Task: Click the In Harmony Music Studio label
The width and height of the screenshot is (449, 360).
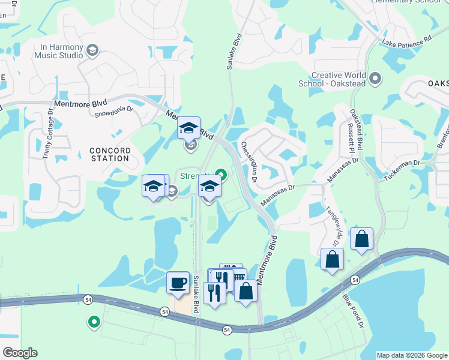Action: tap(62, 51)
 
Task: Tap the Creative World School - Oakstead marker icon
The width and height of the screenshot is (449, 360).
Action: tap(375, 79)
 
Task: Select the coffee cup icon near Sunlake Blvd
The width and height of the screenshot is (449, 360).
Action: tap(178, 282)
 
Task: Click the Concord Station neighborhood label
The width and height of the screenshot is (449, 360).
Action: tap(109, 154)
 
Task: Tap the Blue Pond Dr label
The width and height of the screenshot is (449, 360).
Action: tap(354, 310)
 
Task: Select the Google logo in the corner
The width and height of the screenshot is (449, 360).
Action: tap(20, 353)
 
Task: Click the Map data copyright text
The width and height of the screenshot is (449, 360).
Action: tap(412, 355)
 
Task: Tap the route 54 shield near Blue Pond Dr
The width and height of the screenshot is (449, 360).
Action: tap(355, 280)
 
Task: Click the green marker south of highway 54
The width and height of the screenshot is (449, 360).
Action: tap(94, 322)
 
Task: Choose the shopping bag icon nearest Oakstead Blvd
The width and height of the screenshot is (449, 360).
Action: tap(362, 238)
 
